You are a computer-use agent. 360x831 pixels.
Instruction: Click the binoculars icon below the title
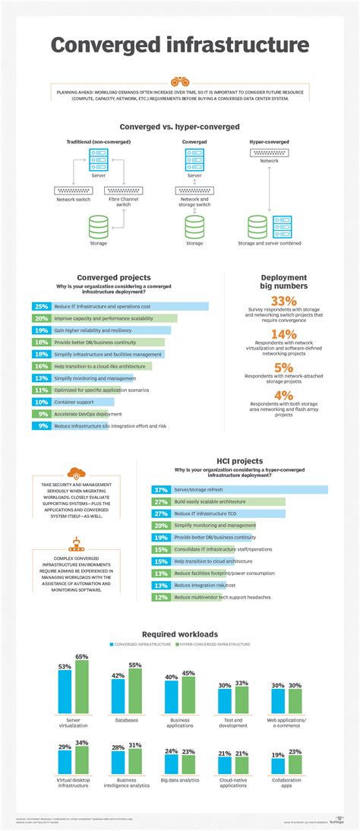pos(179,81)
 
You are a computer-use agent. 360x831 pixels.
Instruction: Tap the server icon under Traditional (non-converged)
pos(98,160)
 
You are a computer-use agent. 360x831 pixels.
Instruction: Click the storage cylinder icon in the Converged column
pos(194,227)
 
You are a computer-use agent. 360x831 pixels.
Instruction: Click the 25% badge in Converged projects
pos(41,306)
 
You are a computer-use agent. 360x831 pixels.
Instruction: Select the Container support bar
pos(73,402)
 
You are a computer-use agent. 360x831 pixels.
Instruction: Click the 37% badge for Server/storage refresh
pos(160,490)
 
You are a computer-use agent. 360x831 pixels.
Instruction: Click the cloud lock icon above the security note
pos(76,475)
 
